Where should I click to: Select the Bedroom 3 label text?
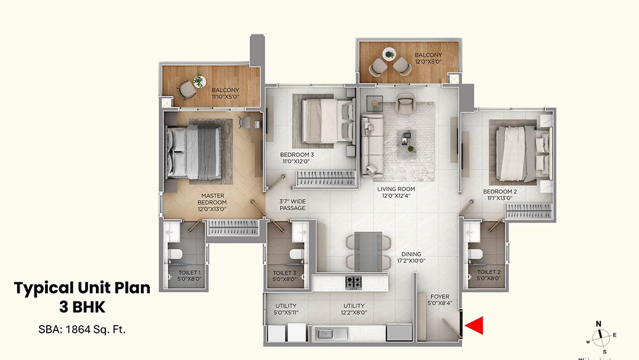(296, 158)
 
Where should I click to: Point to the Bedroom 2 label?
(500, 195)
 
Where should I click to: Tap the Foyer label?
(440, 300)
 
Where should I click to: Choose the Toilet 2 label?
(489, 276)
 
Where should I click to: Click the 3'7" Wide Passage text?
(292, 204)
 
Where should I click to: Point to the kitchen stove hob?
(354, 282)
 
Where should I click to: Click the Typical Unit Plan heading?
(82, 288)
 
